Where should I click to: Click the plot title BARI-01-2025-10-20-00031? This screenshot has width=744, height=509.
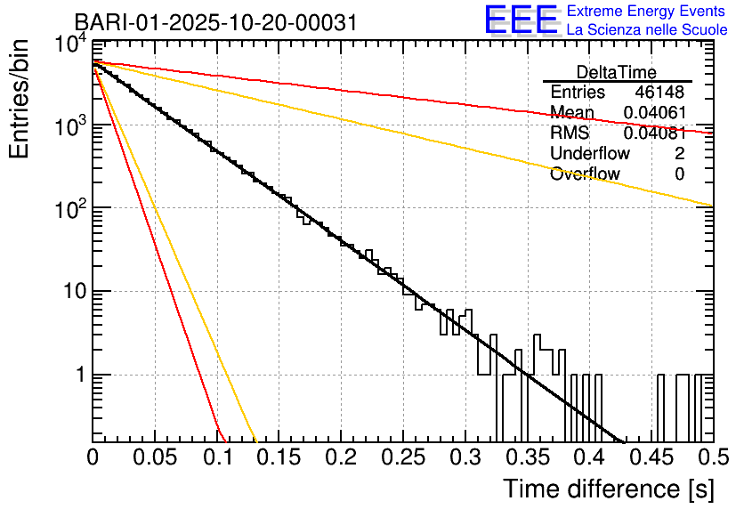click(x=215, y=22)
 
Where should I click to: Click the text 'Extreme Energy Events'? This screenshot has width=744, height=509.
click(x=647, y=12)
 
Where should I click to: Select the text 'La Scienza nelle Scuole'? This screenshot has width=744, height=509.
click(x=647, y=29)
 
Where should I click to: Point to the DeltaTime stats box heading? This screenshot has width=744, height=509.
click(x=617, y=72)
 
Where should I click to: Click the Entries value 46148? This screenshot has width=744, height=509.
click(x=659, y=93)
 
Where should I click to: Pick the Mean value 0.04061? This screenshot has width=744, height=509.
click(x=654, y=113)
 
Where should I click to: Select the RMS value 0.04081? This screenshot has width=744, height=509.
click(x=654, y=133)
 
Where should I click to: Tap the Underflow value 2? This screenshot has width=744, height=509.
click(x=679, y=154)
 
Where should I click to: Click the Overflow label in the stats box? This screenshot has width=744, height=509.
click(x=585, y=174)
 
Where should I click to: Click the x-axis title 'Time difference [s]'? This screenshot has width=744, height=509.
click(x=607, y=489)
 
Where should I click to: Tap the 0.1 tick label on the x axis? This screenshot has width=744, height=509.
click(x=217, y=457)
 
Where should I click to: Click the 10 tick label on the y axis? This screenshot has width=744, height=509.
click(x=70, y=292)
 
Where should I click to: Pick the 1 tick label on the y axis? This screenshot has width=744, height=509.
click(x=78, y=375)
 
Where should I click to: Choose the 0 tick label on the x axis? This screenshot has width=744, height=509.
click(x=93, y=457)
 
